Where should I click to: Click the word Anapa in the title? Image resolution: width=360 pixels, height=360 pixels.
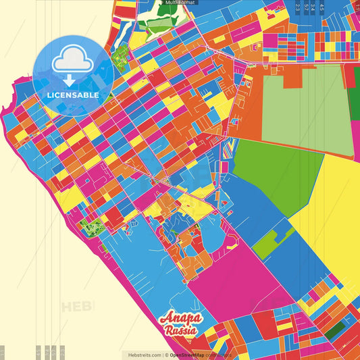pos(178,319)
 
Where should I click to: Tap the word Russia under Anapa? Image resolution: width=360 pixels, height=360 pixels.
pos(180,331)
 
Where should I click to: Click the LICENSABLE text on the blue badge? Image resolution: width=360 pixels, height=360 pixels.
pos(73,95)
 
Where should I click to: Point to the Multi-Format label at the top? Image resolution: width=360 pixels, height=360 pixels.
pos(179,3)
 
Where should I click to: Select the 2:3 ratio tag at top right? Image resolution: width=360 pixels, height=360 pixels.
pos(298,7)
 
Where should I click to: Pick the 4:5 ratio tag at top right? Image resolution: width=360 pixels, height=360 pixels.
pos(322,7)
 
